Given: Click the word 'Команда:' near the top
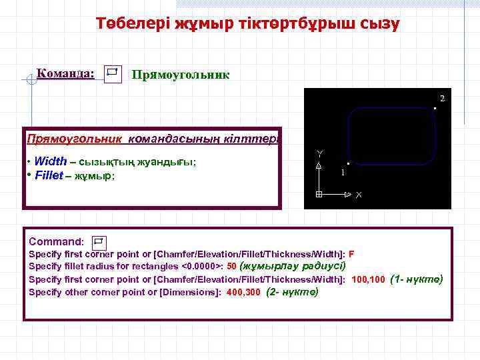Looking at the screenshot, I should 65,72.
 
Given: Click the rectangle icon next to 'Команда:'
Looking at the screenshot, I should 112,72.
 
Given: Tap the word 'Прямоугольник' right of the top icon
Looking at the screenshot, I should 181,75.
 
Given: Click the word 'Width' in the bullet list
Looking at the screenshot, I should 50,161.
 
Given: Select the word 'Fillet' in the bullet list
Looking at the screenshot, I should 49,176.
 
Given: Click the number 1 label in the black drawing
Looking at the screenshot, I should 343,173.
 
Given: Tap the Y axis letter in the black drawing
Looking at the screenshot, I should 319,153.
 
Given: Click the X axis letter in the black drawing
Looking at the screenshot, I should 359,195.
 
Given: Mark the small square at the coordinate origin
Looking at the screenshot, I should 319,195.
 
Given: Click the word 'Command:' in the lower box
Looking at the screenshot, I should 56,241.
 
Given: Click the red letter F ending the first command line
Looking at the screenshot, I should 351,255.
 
